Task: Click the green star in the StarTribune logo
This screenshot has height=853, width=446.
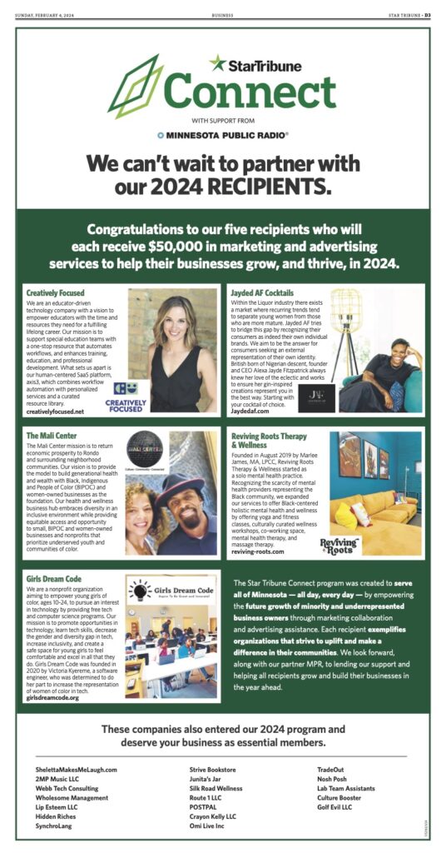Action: [219, 63]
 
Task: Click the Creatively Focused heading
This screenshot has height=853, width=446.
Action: [55, 293]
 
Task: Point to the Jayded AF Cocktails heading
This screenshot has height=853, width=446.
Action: [261, 293]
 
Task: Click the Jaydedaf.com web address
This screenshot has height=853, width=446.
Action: [251, 412]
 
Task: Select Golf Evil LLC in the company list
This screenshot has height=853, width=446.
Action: [334, 807]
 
